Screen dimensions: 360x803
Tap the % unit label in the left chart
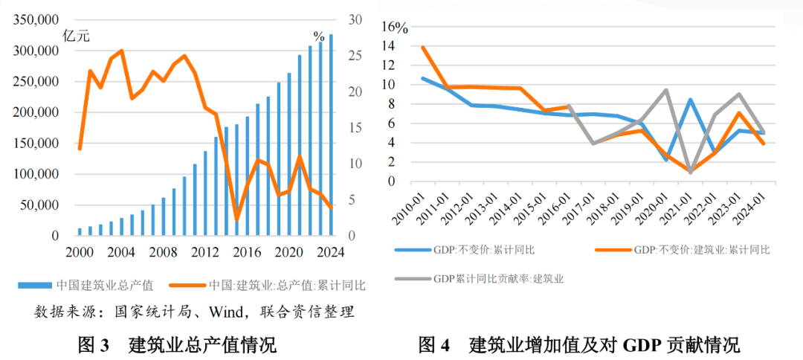coord(318,36)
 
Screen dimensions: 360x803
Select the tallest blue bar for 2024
coord(331,134)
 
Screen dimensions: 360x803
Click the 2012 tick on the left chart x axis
coord(204,252)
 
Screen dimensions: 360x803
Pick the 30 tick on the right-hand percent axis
coord(355,20)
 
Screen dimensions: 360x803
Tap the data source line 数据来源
coord(194,311)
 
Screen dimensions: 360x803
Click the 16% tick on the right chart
coord(395,28)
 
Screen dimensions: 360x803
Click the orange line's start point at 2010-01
coord(423,48)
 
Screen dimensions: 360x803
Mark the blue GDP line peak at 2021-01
coord(691,100)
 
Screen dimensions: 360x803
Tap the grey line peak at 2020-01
coord(666,90)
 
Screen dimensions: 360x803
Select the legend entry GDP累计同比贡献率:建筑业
coord(497,279)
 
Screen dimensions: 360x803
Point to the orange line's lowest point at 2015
coord(237,219)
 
